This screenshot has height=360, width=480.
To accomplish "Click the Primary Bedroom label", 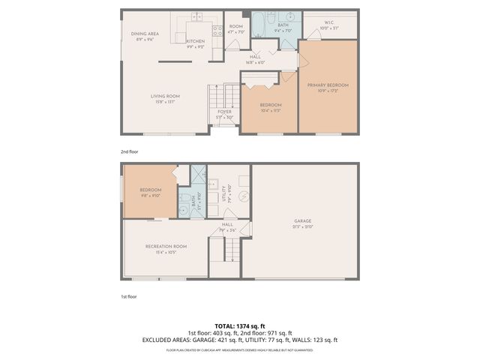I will click(328, 85).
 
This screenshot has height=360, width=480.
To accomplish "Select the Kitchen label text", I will click(196, 41).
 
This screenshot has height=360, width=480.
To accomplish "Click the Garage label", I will click(302, 221).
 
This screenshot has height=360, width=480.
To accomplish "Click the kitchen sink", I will click(196, 16).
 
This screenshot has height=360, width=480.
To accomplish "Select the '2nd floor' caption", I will click(129, 151).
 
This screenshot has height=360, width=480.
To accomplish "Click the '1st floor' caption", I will click(129, 297).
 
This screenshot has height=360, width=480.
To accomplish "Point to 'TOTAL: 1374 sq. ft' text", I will click(240, 325).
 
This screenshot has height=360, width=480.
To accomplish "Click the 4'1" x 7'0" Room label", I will click(236, 28).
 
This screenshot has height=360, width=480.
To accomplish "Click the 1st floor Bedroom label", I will click(150, 190).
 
